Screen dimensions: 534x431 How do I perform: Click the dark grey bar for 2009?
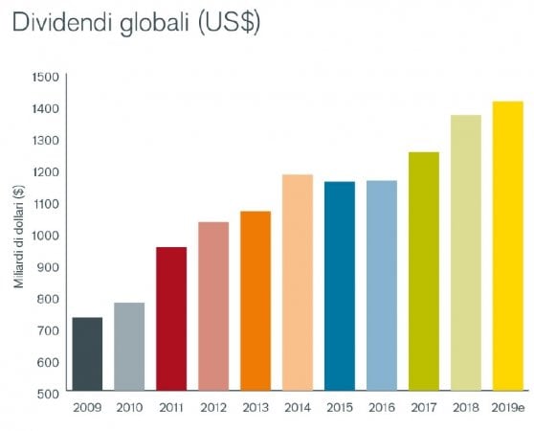coord(87,353)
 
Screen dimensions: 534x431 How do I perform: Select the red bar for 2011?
coord(171,319)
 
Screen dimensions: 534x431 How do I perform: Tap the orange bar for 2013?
coord(256,301)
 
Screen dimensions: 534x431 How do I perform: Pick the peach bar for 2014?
coord(298,283)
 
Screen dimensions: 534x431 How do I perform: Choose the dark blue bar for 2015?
coord(340,285)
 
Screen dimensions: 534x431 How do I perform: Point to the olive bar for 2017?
coord(424,271)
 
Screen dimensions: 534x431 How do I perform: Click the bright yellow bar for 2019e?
coord(508,245)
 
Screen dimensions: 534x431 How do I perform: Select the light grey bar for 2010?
coord(129,347)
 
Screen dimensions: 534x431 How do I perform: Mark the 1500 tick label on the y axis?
coord(46,78)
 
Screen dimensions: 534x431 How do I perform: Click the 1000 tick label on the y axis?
coord(46,235)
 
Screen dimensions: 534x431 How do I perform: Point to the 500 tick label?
coord(48,394)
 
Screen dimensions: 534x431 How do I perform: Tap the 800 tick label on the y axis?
coord(48,299)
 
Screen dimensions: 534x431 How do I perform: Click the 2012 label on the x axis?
coord(213,407)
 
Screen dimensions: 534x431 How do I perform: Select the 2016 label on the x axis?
coord(382,407)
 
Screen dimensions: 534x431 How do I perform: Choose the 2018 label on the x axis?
coord(466,407)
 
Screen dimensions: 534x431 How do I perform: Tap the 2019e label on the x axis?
coord(508,407)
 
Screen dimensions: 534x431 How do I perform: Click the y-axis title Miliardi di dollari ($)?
coord(19,237)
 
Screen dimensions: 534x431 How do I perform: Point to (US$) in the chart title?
coord(229,24)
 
